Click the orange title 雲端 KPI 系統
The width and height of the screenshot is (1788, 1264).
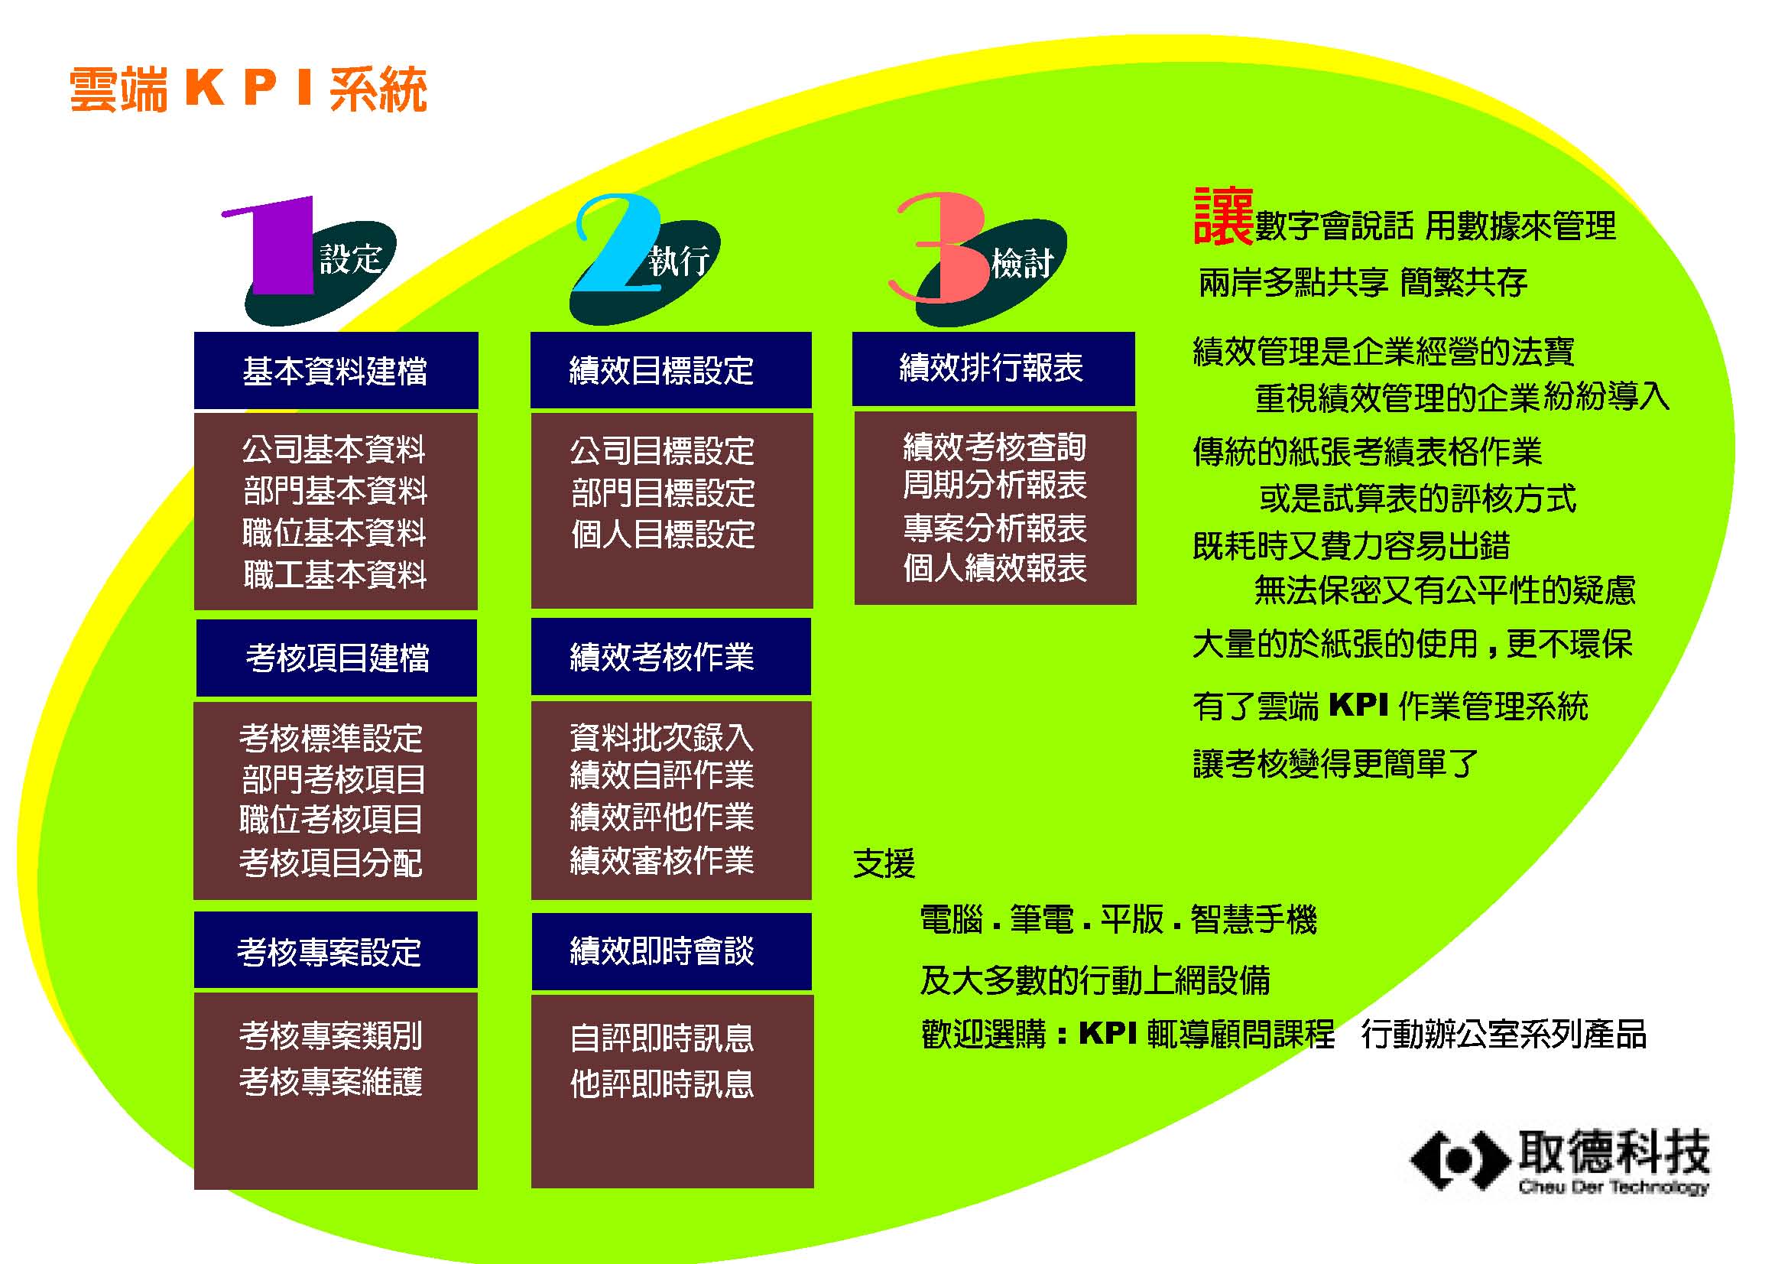[x=248, y=89]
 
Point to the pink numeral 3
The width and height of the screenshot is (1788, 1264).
[x=941, y=247]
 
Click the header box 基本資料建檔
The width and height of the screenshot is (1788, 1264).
[x=336, y=370]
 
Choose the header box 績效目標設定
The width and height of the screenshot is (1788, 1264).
[x=670, y=370]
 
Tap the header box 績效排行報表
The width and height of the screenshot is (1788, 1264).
[x=993, y=369]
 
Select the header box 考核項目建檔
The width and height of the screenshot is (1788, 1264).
[x=336, y=658]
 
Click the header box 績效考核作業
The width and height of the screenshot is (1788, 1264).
[x=670, y=656]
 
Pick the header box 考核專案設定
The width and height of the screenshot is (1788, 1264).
[x=336, y=950]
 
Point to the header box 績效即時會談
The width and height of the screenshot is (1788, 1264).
[x=671, y=951]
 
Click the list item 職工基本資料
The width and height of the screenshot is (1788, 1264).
[x=335, y=575]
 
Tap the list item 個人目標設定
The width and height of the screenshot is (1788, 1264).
[x=663, y=535]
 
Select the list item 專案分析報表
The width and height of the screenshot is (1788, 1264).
[x=995, y=528]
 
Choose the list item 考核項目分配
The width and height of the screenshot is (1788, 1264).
[x=331, y=862]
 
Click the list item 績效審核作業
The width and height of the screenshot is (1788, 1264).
[x=662, y=860]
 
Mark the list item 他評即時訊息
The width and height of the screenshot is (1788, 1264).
[x=662, y=1084]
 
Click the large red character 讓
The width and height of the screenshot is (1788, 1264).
[x=1222, y=216]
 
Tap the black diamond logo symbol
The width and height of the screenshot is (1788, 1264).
[x=1459, y=1161]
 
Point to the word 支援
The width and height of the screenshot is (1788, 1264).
[x=884, y=863]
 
